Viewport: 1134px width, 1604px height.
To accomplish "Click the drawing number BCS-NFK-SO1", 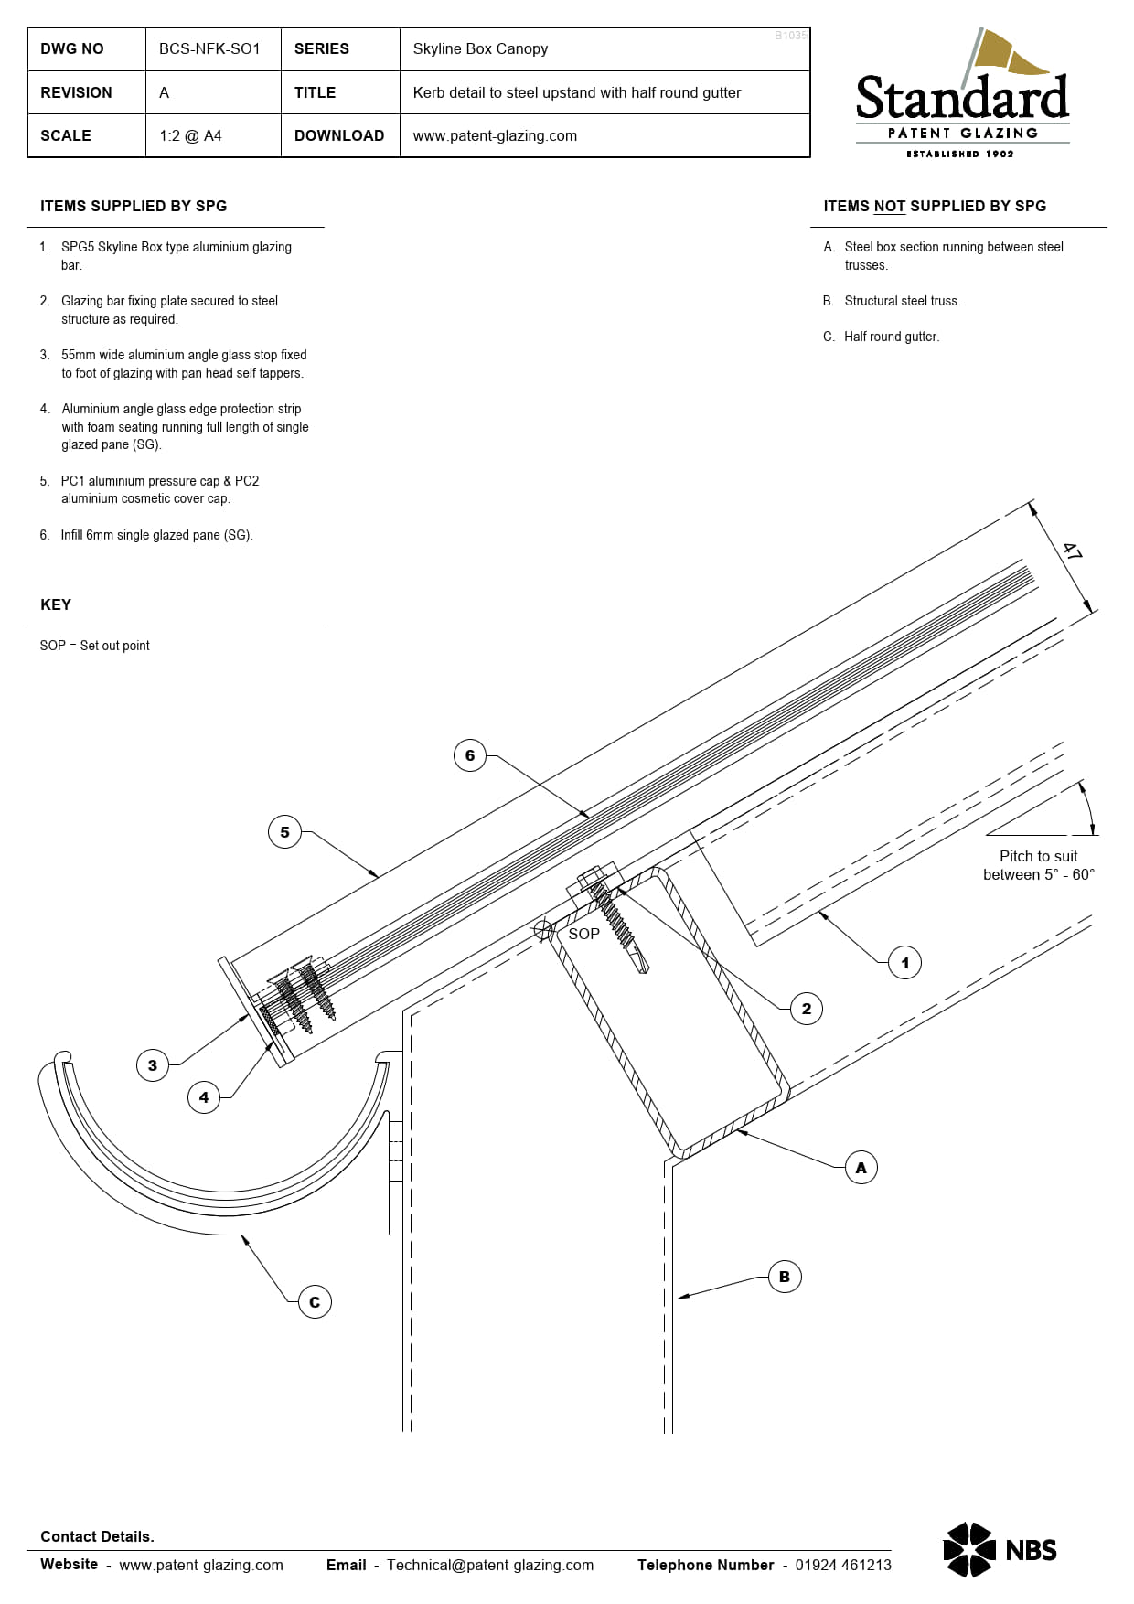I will click(209, 48).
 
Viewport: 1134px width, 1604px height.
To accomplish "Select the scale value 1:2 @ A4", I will click(190, 135).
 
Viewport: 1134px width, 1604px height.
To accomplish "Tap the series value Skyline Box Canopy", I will click(480, 48).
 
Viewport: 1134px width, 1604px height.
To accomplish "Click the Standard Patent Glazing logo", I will click(962, 97).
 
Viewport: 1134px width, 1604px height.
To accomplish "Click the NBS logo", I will click(1000, 1549).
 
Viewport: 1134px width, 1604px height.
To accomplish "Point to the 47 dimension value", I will click(1072, 551).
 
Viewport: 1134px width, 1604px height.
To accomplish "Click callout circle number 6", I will click(470, 755).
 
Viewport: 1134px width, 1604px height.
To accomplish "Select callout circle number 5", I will click(284, 832).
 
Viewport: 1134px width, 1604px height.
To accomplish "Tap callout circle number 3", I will click(153, 1065).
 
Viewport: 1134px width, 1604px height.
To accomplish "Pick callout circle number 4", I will click(204, 1097).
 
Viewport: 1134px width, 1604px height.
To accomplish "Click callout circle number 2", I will click(806, 1009).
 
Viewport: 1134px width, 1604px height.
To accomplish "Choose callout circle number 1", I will click(904, 963).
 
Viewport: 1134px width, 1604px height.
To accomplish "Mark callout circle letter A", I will click(861, 1168).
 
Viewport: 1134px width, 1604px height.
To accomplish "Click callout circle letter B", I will click(784, 1277).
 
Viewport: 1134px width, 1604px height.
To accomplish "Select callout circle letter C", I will click(315, 1302).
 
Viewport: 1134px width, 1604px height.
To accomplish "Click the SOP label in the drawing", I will click(583, 934).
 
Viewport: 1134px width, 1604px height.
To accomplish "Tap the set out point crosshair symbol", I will click(544, 930).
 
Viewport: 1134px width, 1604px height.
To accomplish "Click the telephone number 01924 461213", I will click(842, 1565).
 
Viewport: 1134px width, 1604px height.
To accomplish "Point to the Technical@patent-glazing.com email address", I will click(490, 1565).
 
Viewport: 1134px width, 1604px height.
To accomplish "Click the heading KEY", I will click(56, 604).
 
